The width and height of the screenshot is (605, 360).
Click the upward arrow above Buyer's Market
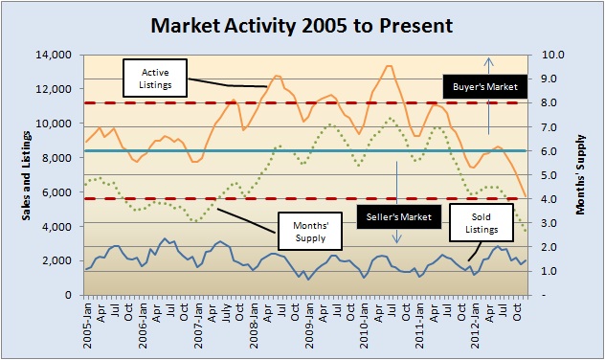click(x=488, y=65)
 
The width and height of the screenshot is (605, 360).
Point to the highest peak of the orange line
click(x=389, y=65)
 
